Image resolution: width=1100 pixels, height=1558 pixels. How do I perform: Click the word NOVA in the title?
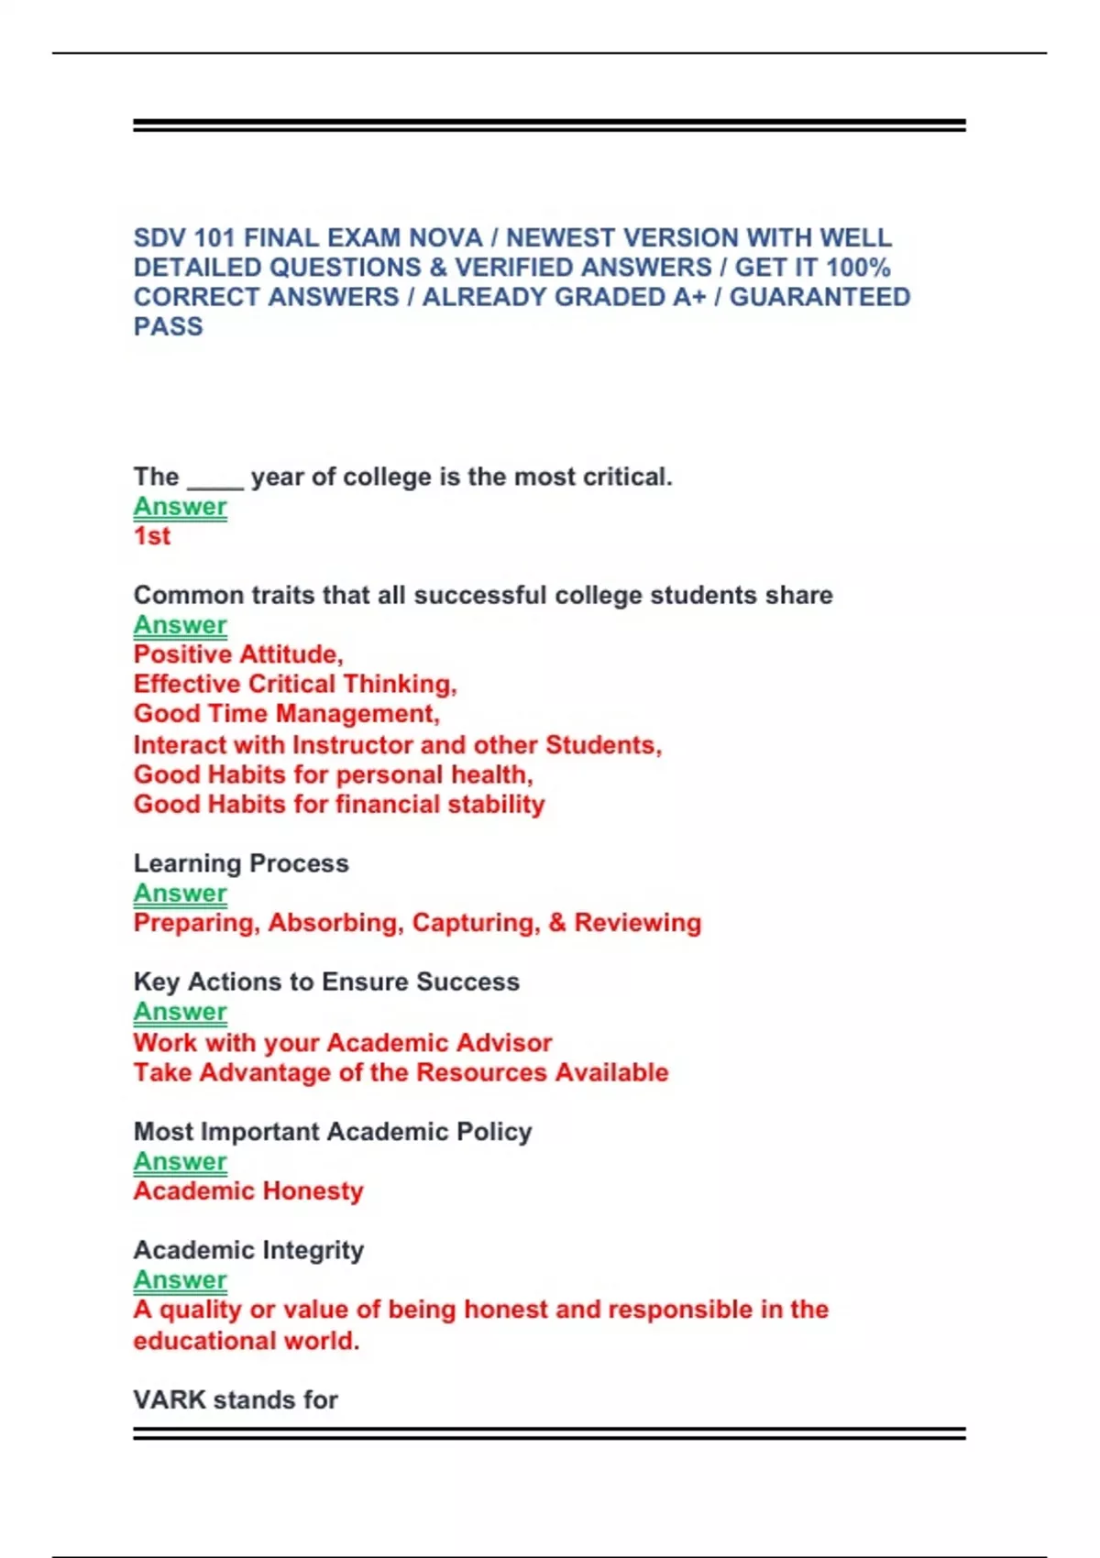445,238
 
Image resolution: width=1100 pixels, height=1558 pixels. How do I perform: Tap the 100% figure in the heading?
858,268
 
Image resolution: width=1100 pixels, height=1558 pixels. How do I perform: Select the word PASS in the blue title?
168,327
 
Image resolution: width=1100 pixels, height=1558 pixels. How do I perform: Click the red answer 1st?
152,536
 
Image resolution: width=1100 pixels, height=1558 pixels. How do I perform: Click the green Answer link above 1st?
180,507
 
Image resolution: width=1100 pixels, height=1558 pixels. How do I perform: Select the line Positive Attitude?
238,654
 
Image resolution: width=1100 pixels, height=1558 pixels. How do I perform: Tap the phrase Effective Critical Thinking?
294,685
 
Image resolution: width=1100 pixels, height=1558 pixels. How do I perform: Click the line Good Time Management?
286,714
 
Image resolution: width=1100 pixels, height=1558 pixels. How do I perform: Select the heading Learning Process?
241,863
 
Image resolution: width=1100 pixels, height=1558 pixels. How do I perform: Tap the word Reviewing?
637,923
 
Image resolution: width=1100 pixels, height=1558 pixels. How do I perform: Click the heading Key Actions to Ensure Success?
326,982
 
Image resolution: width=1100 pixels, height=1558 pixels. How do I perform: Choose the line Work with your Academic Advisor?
343,1043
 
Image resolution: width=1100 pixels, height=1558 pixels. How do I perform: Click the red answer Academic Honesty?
248,1191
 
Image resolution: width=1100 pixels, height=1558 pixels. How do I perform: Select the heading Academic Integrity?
248,1250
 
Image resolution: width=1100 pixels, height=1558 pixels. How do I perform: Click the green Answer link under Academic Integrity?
180,1280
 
